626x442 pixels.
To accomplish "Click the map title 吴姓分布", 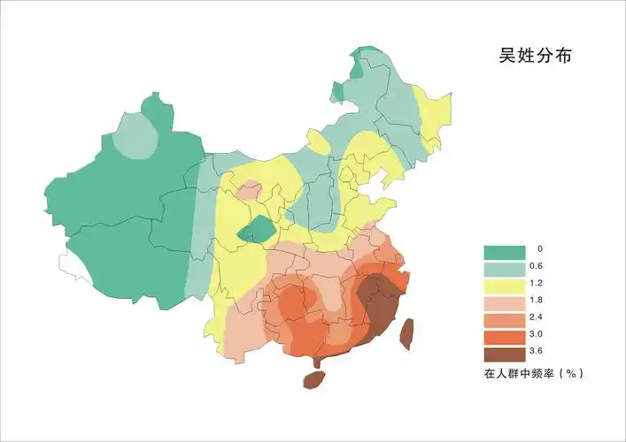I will (535, 56).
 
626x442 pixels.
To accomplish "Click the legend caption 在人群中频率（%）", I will (533, 374).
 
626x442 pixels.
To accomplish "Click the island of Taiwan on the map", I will (407, 332).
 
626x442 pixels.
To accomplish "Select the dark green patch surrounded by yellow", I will (257, 230).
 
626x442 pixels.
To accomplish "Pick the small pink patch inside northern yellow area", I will (250, 190).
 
